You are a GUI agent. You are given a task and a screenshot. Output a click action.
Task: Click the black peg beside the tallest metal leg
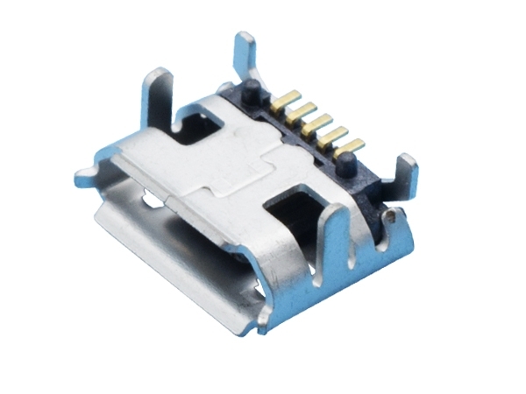pyautogui.click(x=252, y=88)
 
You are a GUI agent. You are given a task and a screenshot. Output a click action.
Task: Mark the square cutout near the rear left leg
pyautogui.click(x=196, y=128)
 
